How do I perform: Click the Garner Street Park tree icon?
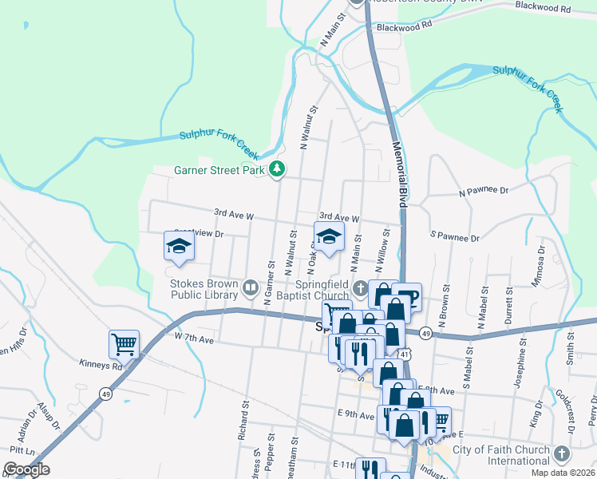click(x=277, y=169)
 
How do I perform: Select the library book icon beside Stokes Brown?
click(x=251, y=287)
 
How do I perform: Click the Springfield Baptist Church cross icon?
click(x=361, y=287)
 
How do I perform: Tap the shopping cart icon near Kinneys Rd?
click(x=124, y=344)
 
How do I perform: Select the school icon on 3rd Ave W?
click(x=327, y=236)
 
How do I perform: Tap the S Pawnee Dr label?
click(x=454, y=237)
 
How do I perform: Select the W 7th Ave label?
click(x=195, y=339)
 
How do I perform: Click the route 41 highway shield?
click(x=407, y=352)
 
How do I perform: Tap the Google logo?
click(x=26, y=469)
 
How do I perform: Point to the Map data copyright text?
click(x=563, y=473)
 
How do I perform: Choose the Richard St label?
click(x=242, y=414)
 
